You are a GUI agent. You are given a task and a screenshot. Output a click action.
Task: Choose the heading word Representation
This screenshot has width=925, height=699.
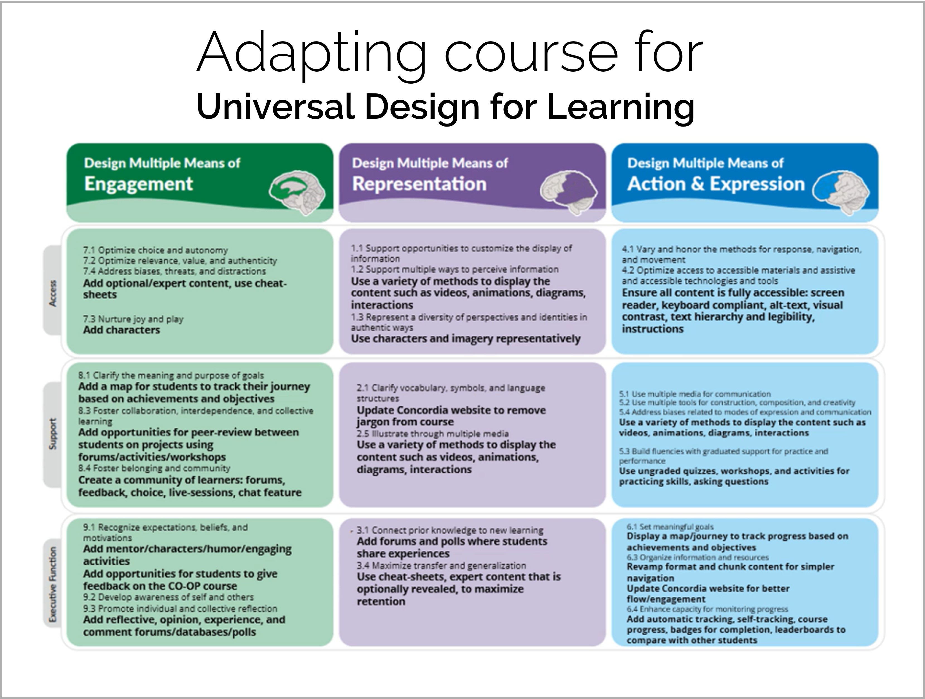point(419,184)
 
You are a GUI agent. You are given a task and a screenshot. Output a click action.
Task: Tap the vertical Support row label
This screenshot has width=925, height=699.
point(53,434)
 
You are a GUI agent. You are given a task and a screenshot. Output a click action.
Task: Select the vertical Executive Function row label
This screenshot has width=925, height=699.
point(53,584)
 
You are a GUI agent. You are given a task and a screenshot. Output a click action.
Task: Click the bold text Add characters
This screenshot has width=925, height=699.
point(121,330)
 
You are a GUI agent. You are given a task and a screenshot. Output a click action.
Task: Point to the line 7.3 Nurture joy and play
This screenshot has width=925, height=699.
point(133,319)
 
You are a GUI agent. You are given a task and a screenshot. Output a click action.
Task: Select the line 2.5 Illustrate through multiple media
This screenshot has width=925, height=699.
point(432,434)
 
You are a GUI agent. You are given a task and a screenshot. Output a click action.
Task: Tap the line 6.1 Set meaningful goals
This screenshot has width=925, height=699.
point(670,527)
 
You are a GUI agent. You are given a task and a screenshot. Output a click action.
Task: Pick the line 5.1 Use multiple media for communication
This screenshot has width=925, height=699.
point(695,394)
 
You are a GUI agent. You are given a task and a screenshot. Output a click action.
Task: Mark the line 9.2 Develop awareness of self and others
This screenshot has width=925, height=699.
point(168,597)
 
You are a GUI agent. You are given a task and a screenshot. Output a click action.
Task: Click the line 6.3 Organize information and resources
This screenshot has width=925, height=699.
point(698,557)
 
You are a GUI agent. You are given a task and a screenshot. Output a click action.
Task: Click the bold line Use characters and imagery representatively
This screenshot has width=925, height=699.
point(466,339)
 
